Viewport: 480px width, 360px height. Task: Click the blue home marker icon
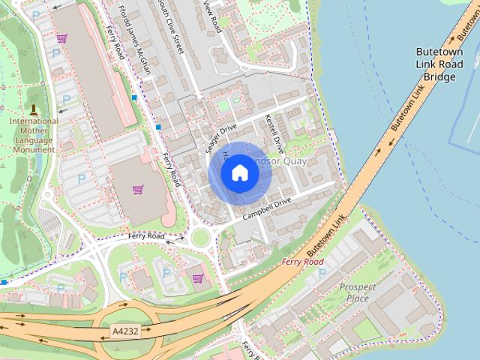(239, 173)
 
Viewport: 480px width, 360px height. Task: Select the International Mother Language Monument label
(33, 135)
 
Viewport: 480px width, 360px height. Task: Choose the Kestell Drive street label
(274, 133)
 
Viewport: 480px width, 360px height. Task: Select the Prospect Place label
(354, 292)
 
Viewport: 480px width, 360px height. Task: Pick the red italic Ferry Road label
(303, 262)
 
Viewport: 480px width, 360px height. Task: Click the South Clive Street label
(169, 26)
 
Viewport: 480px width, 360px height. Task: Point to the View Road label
(212, 15)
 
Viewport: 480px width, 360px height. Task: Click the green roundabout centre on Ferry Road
(199, 238)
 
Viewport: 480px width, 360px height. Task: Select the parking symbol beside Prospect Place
(322, 274)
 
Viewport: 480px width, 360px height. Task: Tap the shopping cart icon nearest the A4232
(197, 278)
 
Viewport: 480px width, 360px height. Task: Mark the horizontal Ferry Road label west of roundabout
(146, 236)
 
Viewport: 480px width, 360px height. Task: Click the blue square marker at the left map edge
(3, 283)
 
